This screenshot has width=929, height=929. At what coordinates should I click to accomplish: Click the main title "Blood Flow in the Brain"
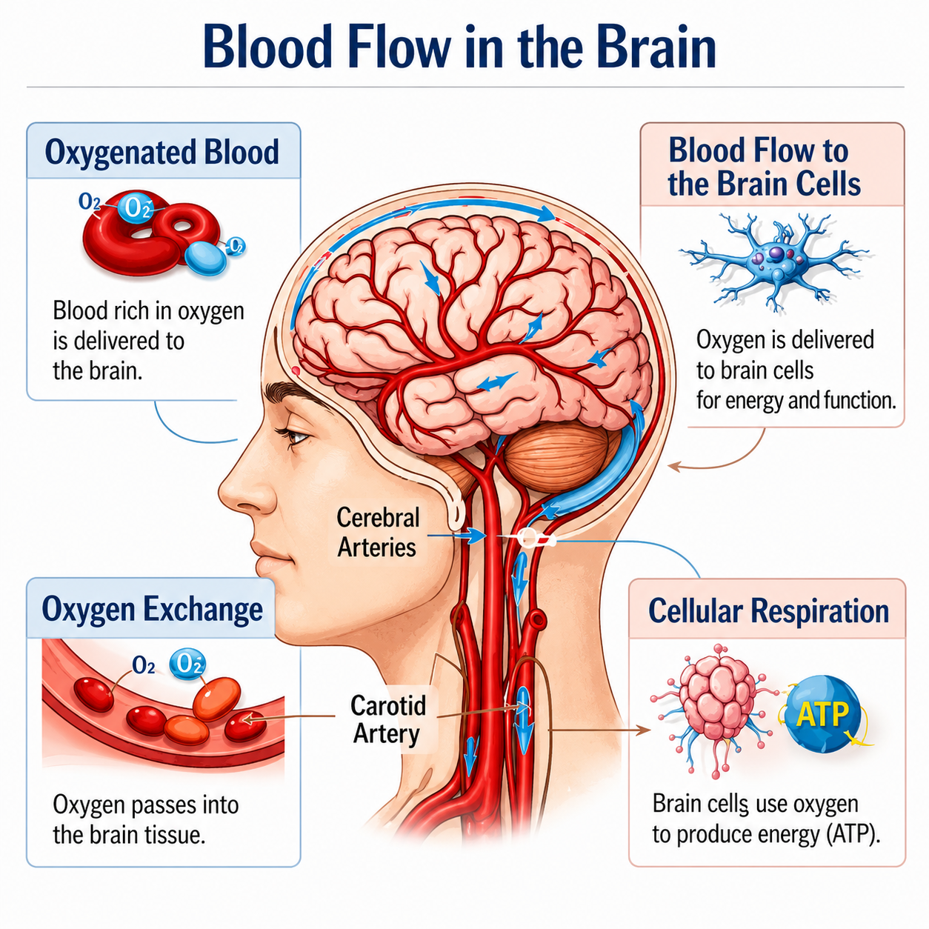pos(460,47)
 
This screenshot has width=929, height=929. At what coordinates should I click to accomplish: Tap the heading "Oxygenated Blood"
pos(162,152)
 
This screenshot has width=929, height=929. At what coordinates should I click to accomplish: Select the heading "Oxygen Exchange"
pos(153,610)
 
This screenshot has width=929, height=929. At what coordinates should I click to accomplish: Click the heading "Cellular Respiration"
pos(768,611)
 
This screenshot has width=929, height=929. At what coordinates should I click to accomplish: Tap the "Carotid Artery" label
pos(387,719)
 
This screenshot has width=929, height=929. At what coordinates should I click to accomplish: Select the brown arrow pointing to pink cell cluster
pos(599,730)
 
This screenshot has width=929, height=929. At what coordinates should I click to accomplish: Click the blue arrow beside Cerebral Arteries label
pos(456,536)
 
